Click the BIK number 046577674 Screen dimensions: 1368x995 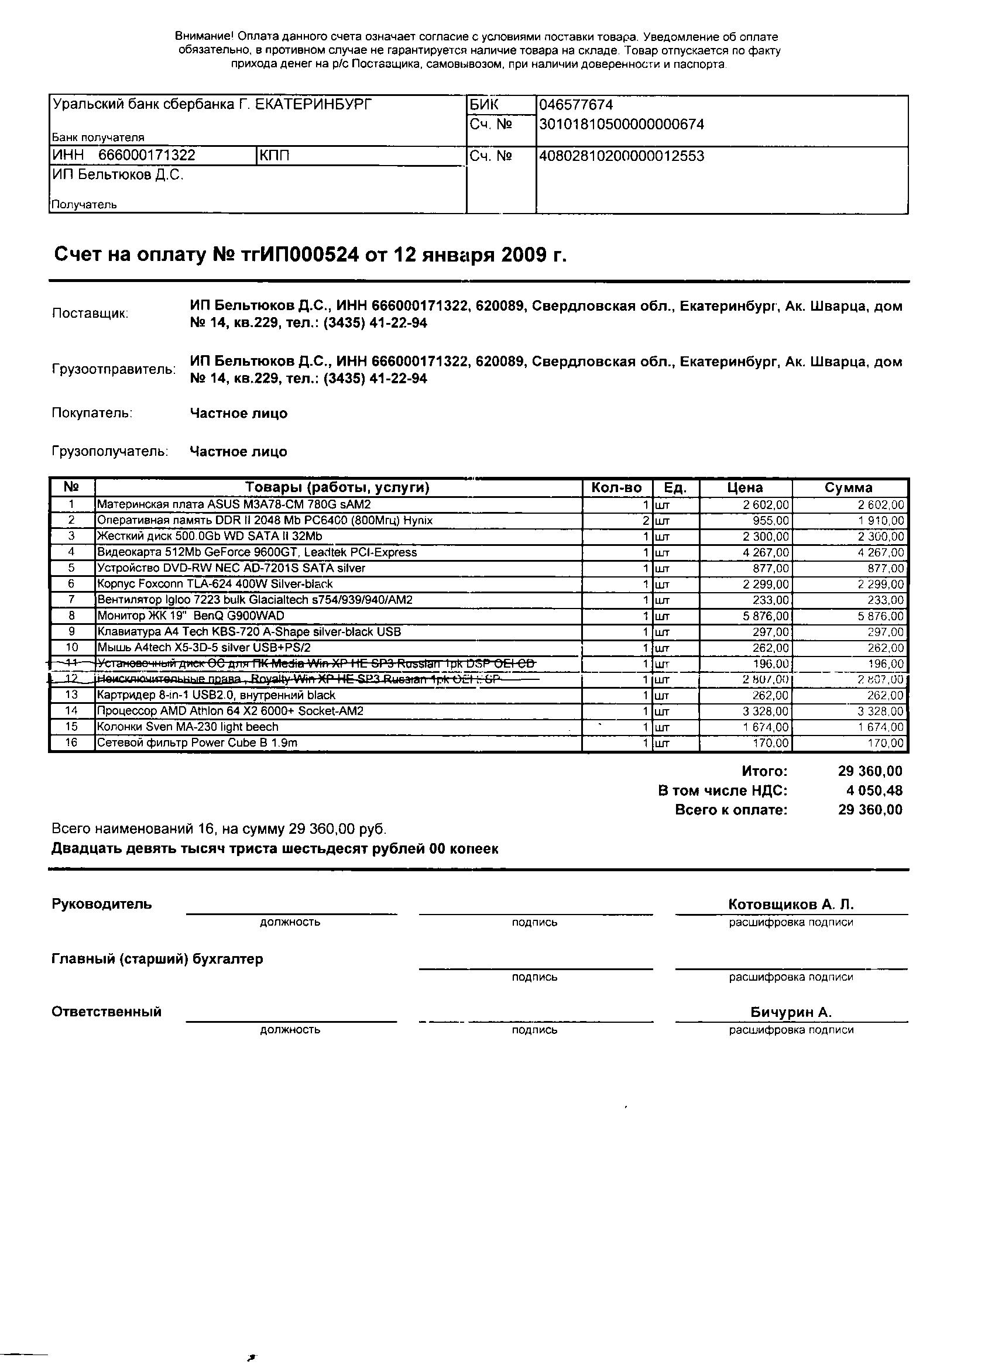tap(576, 105)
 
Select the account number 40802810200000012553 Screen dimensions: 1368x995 tap(622, 156)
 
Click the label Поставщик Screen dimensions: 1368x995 tap(90, 314)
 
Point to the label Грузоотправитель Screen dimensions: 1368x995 tap(114, 369)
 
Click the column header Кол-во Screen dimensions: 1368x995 tap(617, 487)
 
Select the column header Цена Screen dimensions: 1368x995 tap(745, 487)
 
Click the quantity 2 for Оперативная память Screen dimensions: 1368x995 tap(646, 521)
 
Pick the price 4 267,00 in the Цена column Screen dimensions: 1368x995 tap(766, 552)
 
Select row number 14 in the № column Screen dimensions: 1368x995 tap(72, 711)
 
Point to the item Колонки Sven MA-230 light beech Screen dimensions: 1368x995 tap(188, 727)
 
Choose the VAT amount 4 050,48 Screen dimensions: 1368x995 tap(874, 790)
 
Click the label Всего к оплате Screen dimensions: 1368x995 tap(730, 809)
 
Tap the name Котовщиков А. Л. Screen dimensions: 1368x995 tap(791, 904)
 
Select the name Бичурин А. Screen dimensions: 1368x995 tap(791, 1012)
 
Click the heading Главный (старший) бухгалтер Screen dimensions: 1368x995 tap(157, 959)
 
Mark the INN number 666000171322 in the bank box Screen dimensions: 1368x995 tap(147, 156)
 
